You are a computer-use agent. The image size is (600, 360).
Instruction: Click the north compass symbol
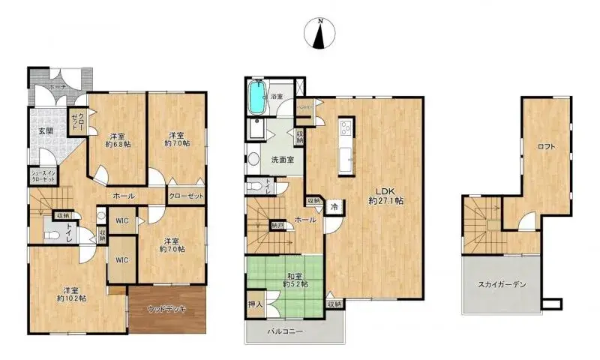click(321, 34)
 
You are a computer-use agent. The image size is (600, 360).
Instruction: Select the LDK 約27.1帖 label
click(387, 196)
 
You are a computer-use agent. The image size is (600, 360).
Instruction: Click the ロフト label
click(546, 146)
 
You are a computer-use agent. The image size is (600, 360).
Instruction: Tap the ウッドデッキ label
click(167, 308)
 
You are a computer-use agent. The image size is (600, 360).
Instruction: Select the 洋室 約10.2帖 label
click(70, 293)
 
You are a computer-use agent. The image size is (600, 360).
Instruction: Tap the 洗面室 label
click(282, 160)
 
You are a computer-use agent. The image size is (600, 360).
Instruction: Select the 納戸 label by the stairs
click(277, 224)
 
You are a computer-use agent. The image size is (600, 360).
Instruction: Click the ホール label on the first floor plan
click(123, 196)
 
